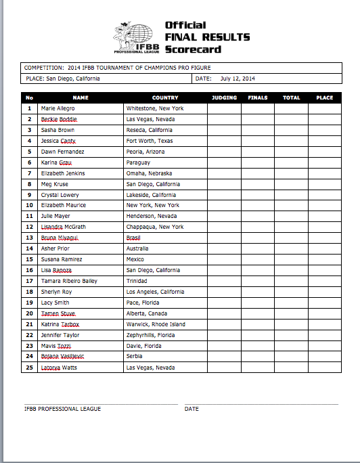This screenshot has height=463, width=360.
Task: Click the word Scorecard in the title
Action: point(193,49)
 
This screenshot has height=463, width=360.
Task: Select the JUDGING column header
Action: point(224,97)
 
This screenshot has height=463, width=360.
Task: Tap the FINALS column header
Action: point(258,97)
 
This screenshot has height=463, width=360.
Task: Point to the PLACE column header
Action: point(325,97)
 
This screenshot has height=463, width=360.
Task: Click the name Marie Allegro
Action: point(58,108)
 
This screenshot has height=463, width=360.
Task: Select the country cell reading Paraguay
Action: point(138,162)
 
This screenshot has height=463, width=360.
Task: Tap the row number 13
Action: point(29,238)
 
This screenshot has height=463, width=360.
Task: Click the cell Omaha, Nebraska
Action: point(148,173)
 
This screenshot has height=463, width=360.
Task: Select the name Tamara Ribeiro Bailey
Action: point(69,281)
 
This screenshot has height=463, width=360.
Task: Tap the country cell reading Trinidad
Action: point(137,281)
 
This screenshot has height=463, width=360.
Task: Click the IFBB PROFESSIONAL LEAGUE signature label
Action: point(62,409)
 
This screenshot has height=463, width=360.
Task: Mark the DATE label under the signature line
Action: point(192,409)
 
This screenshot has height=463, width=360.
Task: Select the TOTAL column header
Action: point(292,97)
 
